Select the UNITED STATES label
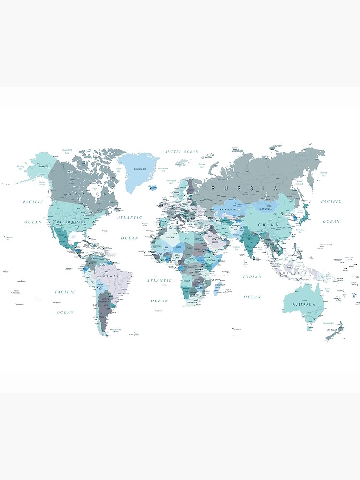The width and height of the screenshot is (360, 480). [71, 222]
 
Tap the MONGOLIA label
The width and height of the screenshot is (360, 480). [265, 209]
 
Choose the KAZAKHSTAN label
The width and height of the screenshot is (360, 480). [228, 210]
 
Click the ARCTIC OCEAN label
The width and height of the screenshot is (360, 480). [181, 152]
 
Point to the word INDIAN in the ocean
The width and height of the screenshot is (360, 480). [252, 276]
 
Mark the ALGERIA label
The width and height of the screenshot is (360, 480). [170, 238]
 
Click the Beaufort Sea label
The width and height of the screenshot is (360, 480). [67, 152]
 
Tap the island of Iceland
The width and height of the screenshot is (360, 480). [153, 188]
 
